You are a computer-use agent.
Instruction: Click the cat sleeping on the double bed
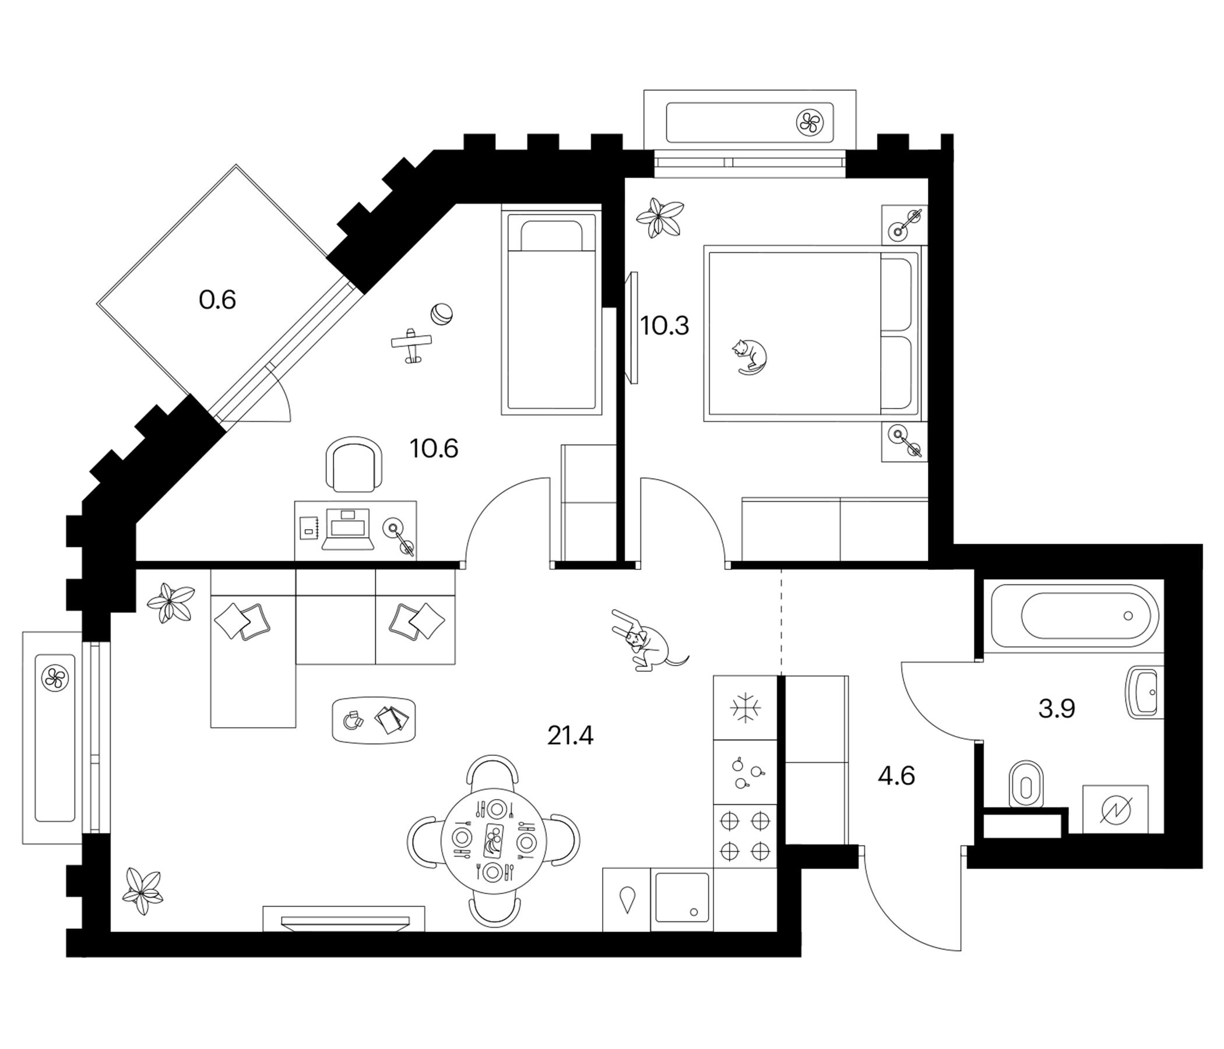pos(750,357)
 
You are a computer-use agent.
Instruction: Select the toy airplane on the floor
pos(411,344)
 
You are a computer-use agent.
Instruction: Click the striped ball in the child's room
pos(441,314)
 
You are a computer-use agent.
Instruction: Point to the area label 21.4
pos(570,736)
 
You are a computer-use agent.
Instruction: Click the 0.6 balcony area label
pos(217,300)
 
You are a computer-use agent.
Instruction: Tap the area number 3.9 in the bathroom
pos(1057,708)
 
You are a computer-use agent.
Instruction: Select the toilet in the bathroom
pos(1026,784)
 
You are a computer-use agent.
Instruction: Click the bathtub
pos(1075,615)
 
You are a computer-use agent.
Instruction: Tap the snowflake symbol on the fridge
pos(745,707)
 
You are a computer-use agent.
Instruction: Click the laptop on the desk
pos(348,529)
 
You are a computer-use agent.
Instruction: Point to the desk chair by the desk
pos(353,464)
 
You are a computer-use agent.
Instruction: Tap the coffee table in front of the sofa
pos(374,719)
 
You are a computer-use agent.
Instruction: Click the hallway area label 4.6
pos(896,776)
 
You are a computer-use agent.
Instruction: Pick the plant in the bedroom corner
pos(660,217)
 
